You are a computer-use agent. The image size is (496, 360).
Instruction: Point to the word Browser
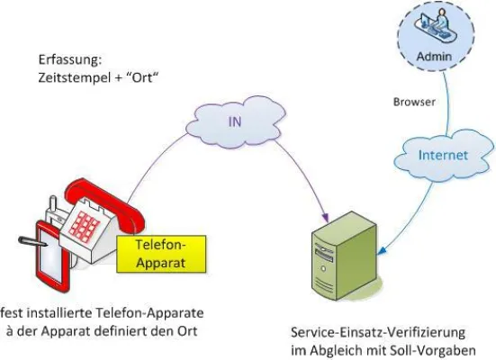click(414, 102)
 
